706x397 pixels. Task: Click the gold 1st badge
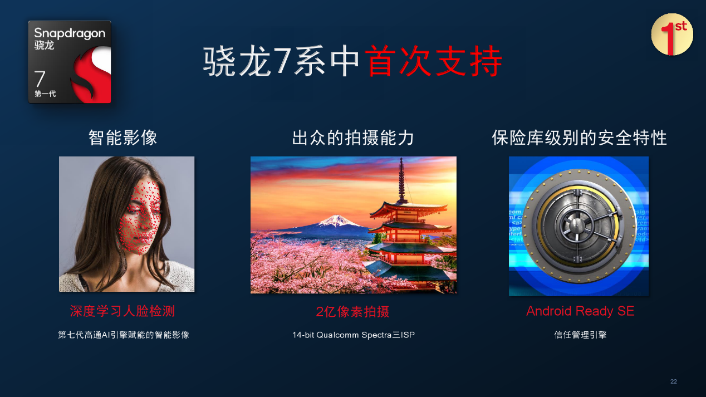pyautogui.click(x=672, y=35)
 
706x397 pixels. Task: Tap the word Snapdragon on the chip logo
pyautogui.click(x=70, y=33)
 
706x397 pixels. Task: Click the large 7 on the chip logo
pyautogui.click(x=40, y=79)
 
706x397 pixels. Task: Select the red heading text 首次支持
pyautogui.click(x=434, y=61)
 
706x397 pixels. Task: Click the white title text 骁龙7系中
pyautogui.click(x=281, y=61)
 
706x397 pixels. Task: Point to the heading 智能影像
pyautogui.click(x=122, y=138)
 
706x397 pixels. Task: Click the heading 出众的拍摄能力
pyautogui.click(x=353, y=138)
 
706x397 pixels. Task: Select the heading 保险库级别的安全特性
pyautogui.click(x=579, y=138)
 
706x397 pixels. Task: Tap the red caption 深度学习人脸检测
pyautogui.click(x=122, y=311)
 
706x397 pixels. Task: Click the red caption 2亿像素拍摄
pyautogui.click(x=352, y=312)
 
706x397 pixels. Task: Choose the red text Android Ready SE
pyautogui.click(x=580, y=311)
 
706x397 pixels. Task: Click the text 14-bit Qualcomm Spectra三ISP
pyautogui.click(x=354, y=335)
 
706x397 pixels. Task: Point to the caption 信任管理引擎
pyautogui.click(x=580, y=335)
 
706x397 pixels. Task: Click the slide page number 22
pyautogui.click(x=674, y=381)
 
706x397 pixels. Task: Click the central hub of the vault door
pyautogui.click(x=576, y=226)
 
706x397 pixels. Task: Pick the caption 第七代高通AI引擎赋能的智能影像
pyautogui.click(x=124, y=335)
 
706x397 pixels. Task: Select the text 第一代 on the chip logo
pyautogui.click(x=45, y=94)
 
